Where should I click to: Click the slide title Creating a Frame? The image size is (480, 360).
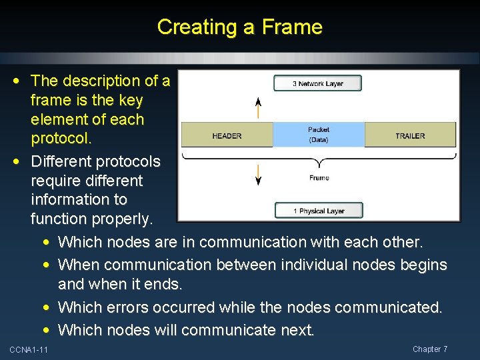tap(239, 27)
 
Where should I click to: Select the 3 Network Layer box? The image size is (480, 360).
tap(317, 83)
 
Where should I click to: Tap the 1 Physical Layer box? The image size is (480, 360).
tap(319, 211)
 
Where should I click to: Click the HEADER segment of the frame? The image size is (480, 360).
tap(227, 135)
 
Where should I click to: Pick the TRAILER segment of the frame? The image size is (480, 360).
tap(410, 135)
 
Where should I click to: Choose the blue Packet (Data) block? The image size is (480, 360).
tap(319, 135)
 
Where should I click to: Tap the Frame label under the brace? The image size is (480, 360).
tap(319, 178)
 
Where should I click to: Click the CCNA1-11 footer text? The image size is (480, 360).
tap(29, 350)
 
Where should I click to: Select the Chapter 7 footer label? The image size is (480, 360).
tap(430, 349)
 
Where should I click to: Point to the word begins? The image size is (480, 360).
tap(423, 265)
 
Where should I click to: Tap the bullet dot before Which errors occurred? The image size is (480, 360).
tap(49, 307)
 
